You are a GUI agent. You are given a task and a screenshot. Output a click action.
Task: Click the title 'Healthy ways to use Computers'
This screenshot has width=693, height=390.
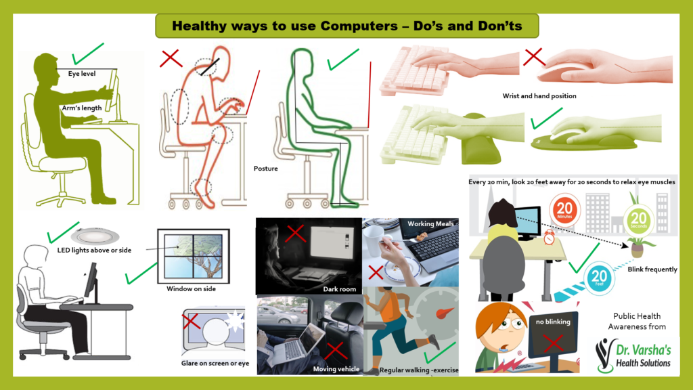[x=346, y=26]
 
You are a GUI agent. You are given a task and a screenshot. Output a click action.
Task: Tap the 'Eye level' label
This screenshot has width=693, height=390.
[x=82, y=73]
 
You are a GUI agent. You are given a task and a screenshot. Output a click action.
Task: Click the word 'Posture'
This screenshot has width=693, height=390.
[x=265, y=168]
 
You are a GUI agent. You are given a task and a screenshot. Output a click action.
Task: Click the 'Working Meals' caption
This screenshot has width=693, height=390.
[x=430, y=224]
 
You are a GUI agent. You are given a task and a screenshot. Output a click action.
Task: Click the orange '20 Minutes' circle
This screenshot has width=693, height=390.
[x=566, y=209]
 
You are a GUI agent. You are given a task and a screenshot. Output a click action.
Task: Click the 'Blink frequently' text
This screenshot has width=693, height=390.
[x=652, y=269]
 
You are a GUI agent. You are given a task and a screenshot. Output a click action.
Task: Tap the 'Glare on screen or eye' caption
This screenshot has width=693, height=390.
[x=215, y=364]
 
